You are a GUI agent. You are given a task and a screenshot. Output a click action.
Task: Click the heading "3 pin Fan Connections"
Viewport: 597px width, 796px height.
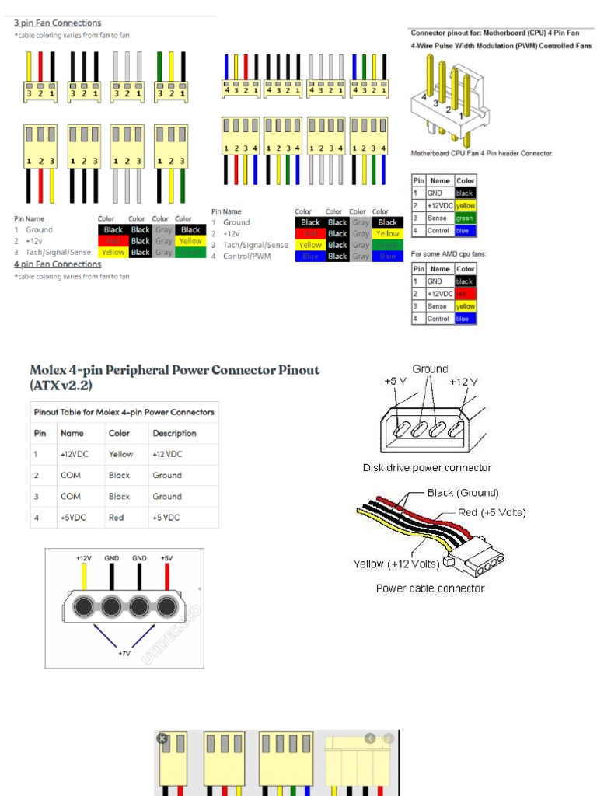(58, 23)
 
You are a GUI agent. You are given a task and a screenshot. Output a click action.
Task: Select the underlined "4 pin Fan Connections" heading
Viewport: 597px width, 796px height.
(58, 264)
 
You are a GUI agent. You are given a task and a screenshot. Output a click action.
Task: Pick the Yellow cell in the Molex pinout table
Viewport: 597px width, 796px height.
(120, 454)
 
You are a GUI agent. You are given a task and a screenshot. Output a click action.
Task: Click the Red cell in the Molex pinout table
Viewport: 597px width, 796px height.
(117, 517)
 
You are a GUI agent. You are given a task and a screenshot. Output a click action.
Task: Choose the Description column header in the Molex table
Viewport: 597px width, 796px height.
(174, 433)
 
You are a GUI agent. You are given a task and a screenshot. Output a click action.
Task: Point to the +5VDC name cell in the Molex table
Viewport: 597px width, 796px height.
(72, 517)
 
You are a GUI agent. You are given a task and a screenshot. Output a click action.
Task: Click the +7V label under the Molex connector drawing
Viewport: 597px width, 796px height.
(124, 654)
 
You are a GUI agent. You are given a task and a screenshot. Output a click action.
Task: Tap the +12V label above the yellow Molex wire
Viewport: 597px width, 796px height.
(84, 557)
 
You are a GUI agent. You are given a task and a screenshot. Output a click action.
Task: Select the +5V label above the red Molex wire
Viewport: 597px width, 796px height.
(166, 557)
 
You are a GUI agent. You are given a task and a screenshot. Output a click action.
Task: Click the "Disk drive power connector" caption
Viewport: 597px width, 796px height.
(427, 468)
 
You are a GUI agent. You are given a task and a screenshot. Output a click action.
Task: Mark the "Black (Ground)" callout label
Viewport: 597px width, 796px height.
(463, 493)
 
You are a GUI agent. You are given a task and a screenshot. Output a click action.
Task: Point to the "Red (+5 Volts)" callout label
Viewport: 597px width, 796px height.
(491, 512)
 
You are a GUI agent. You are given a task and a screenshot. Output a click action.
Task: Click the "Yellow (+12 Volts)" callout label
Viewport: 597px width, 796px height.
(396, 564)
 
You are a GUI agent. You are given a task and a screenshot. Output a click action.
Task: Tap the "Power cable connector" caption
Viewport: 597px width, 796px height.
(430, 588)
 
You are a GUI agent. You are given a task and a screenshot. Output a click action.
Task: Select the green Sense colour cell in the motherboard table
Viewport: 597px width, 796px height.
(465, 218)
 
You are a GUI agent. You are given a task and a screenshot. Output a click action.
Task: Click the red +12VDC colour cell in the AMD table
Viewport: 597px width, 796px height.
(465, 294)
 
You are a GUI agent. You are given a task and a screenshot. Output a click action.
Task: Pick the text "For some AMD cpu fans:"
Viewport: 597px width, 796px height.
(449, 253)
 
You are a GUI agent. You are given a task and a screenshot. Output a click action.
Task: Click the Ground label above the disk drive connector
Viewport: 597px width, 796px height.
(430, 369)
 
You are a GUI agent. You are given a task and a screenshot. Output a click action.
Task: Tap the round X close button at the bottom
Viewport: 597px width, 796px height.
(162, 738)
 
